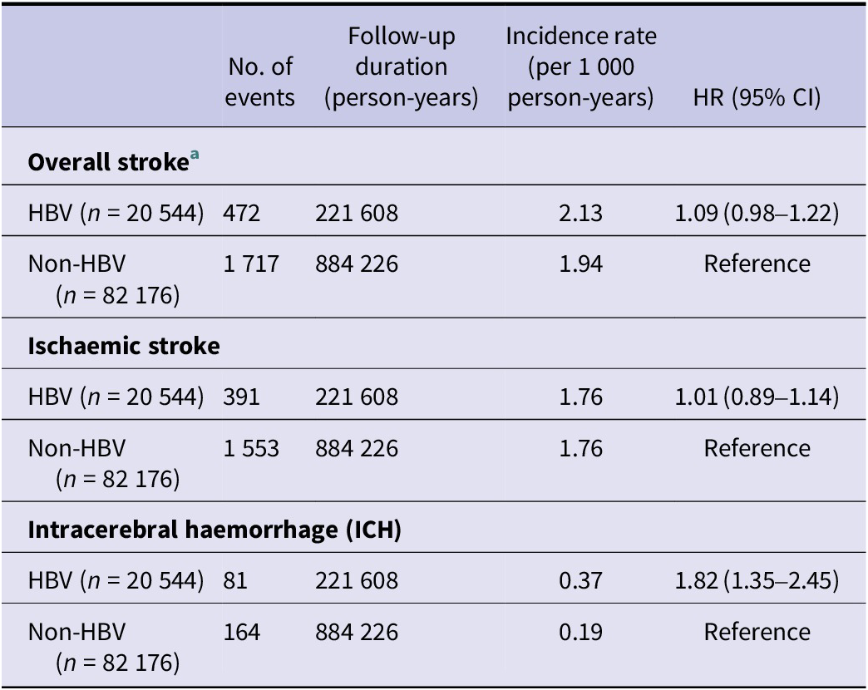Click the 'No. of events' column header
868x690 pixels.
click(259, 82)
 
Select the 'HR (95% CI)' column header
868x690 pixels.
click(757, 98)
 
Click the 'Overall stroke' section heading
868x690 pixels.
click(108, 162)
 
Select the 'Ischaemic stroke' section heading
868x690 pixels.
click(124, 346)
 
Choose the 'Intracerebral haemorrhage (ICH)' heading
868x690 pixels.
click(215, 530)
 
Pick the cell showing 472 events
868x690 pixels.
click(241, 213)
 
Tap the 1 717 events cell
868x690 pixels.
click(251, 264)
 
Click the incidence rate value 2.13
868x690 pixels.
click(580, 213)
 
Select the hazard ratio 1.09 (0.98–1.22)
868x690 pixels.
click(757, 213)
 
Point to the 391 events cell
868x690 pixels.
click(241, 397)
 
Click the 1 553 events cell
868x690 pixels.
click(251, 448)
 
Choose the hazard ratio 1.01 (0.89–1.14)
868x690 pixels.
click(757, 397)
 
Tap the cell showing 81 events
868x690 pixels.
click(235, 580)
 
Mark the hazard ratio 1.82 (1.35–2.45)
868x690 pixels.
click(757, 580)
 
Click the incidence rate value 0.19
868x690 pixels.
click(580, 632)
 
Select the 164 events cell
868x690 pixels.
click(241, 632)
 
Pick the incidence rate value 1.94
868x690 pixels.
click(580, 264)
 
